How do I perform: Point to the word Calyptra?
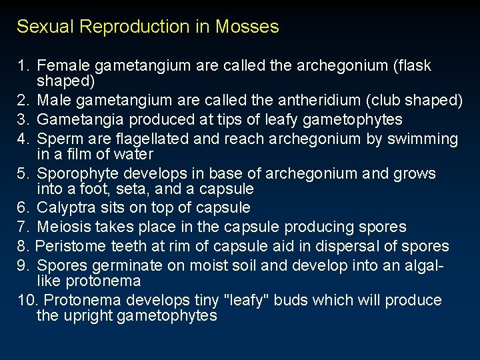click(x=66, y=208)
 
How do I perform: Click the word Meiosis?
click(x=63, y=227)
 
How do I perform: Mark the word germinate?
click(x=117, y=265)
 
